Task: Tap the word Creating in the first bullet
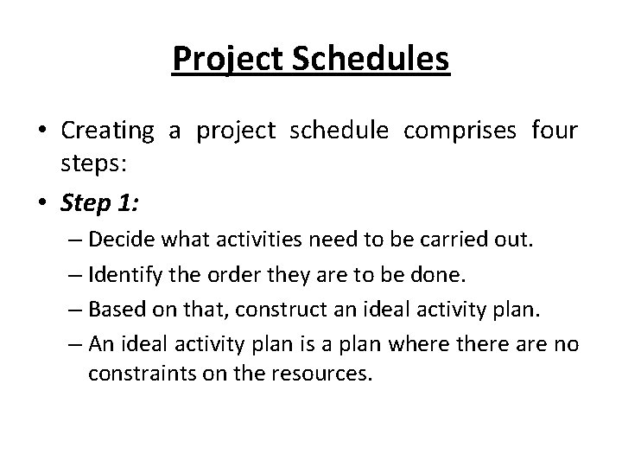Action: (107, 131)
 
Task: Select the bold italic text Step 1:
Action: (98, 204)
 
